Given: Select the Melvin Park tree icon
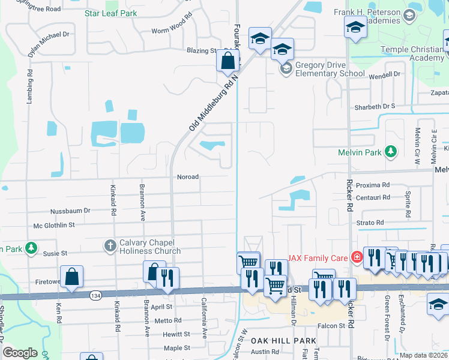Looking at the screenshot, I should click(x=391, y=151).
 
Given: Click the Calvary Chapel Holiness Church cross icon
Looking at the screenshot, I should click(x=110, y=245).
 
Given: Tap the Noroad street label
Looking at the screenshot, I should click(x=187, y=177).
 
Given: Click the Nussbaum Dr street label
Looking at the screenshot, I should click(x=70, y=211).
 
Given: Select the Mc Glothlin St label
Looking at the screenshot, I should click(x=54, y=225).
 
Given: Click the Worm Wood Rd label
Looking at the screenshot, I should click(x=171, y=31).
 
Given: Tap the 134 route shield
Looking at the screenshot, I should click(x=95, y=295).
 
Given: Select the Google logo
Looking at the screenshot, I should click(x=20, y=352).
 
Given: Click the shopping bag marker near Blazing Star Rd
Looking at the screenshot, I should click(x=228, y=61).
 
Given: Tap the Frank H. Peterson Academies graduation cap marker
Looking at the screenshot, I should click(x=355, y=27).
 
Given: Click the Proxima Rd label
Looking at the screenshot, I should click(x=373, y=185).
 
